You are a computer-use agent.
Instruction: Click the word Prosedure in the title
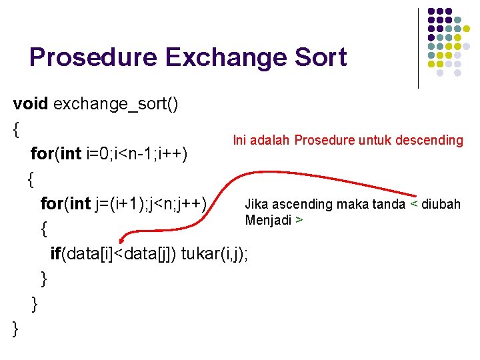(x=93, y=57)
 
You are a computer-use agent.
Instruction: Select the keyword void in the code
(x=31, y=104)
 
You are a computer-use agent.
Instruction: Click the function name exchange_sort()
(x=115, y=105)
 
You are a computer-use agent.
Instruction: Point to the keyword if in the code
(x=55, y=253)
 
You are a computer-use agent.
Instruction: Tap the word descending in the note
(x=429, y=140)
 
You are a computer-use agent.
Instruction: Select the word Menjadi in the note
(x=268, y=220)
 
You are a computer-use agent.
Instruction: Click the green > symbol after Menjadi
(x=299, y=220)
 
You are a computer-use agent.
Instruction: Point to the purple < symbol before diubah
(x=414, y=204)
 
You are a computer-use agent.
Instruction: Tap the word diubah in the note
(x=441, y=204)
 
